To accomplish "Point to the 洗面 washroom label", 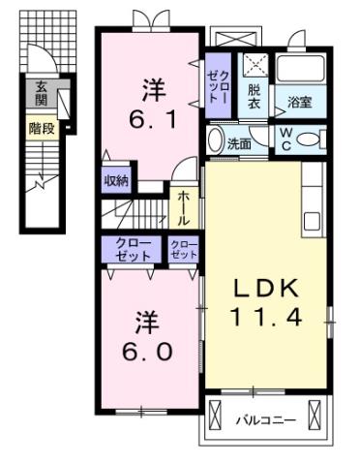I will (239, 143).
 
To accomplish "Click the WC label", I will (289, 138).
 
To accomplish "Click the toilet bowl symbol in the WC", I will (312, 139).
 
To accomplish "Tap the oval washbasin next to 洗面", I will (216, 139).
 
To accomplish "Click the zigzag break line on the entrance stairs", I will (42, 180).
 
